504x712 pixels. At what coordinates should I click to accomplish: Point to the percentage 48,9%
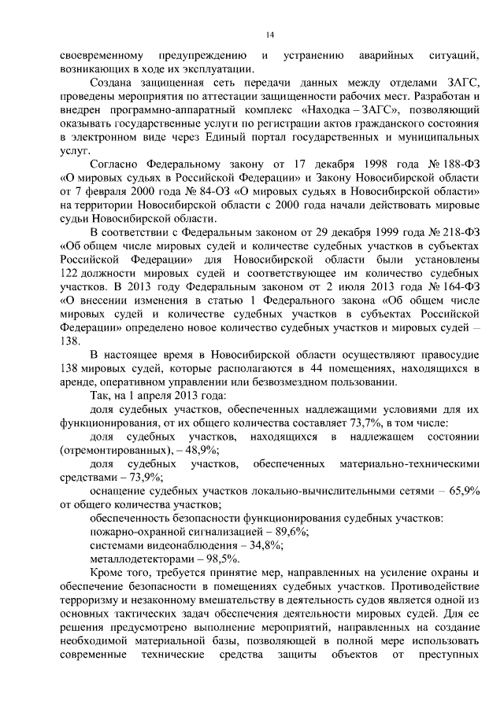(x=202, y=452)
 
